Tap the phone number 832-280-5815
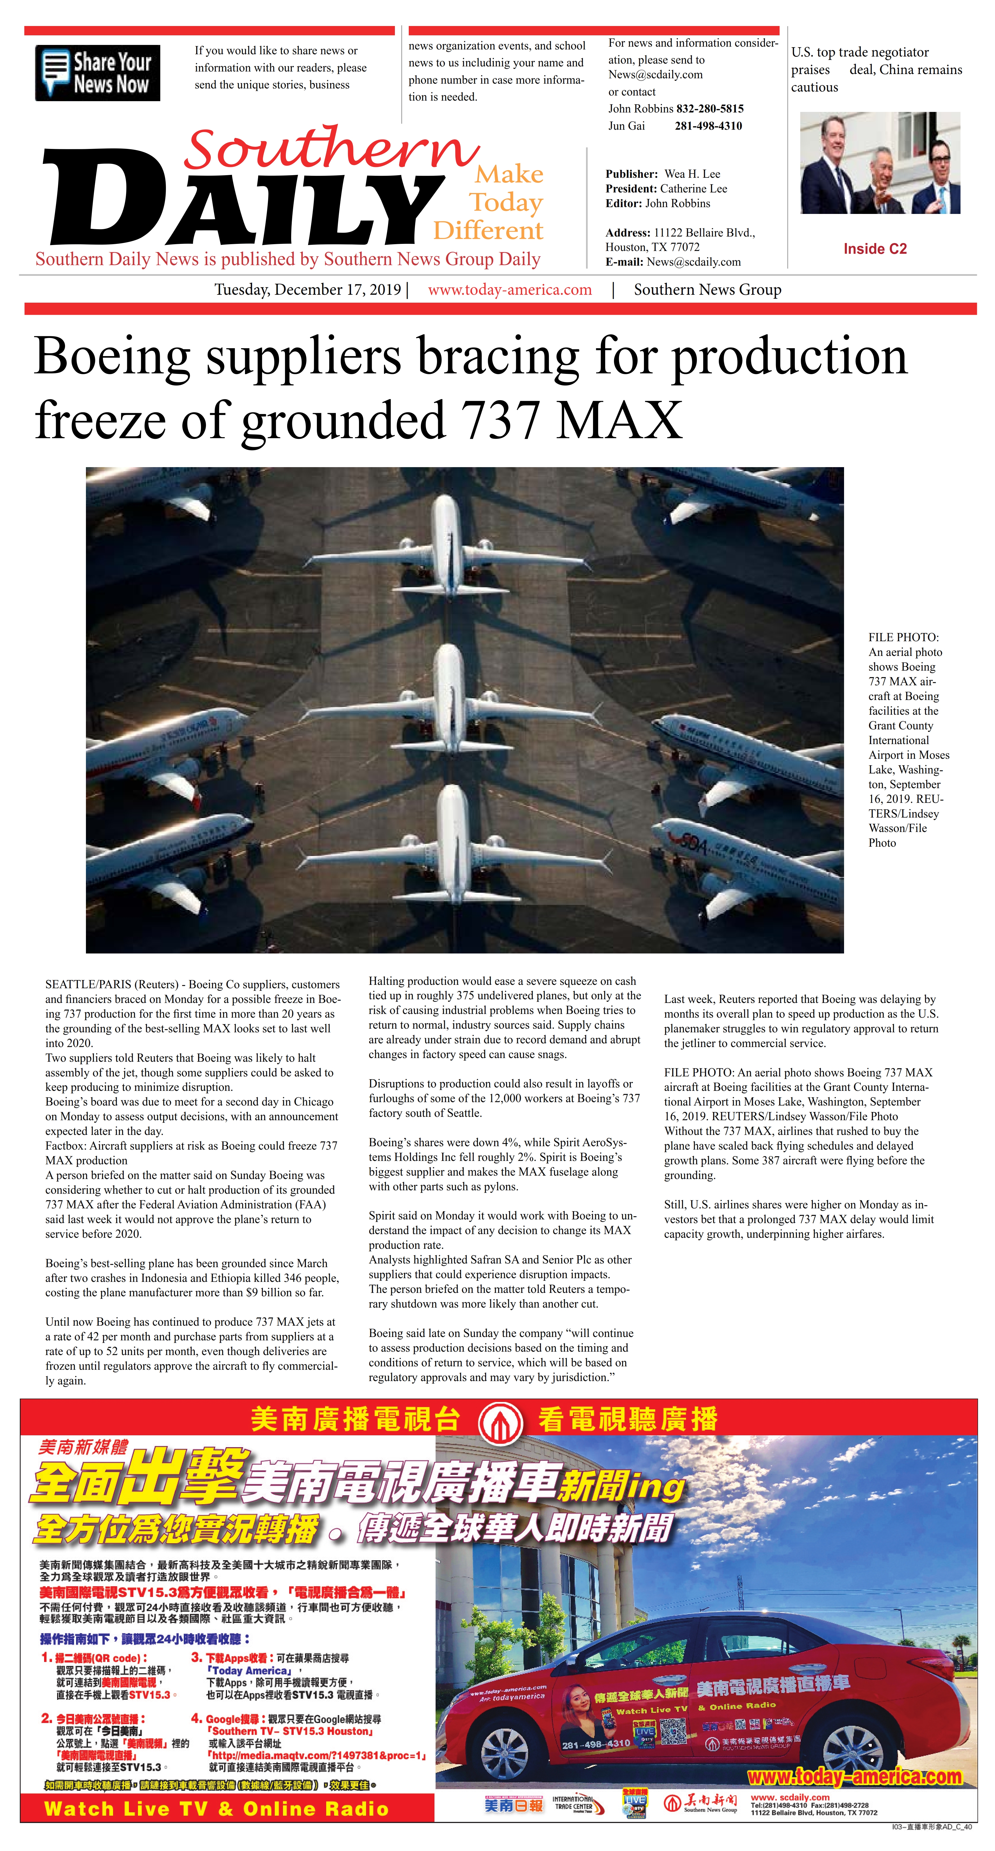(x=710, y=109)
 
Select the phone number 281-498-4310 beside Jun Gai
(x=708, y=126)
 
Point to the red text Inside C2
(x=875, y=249)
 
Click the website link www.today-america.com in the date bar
(x=510, y=290)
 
